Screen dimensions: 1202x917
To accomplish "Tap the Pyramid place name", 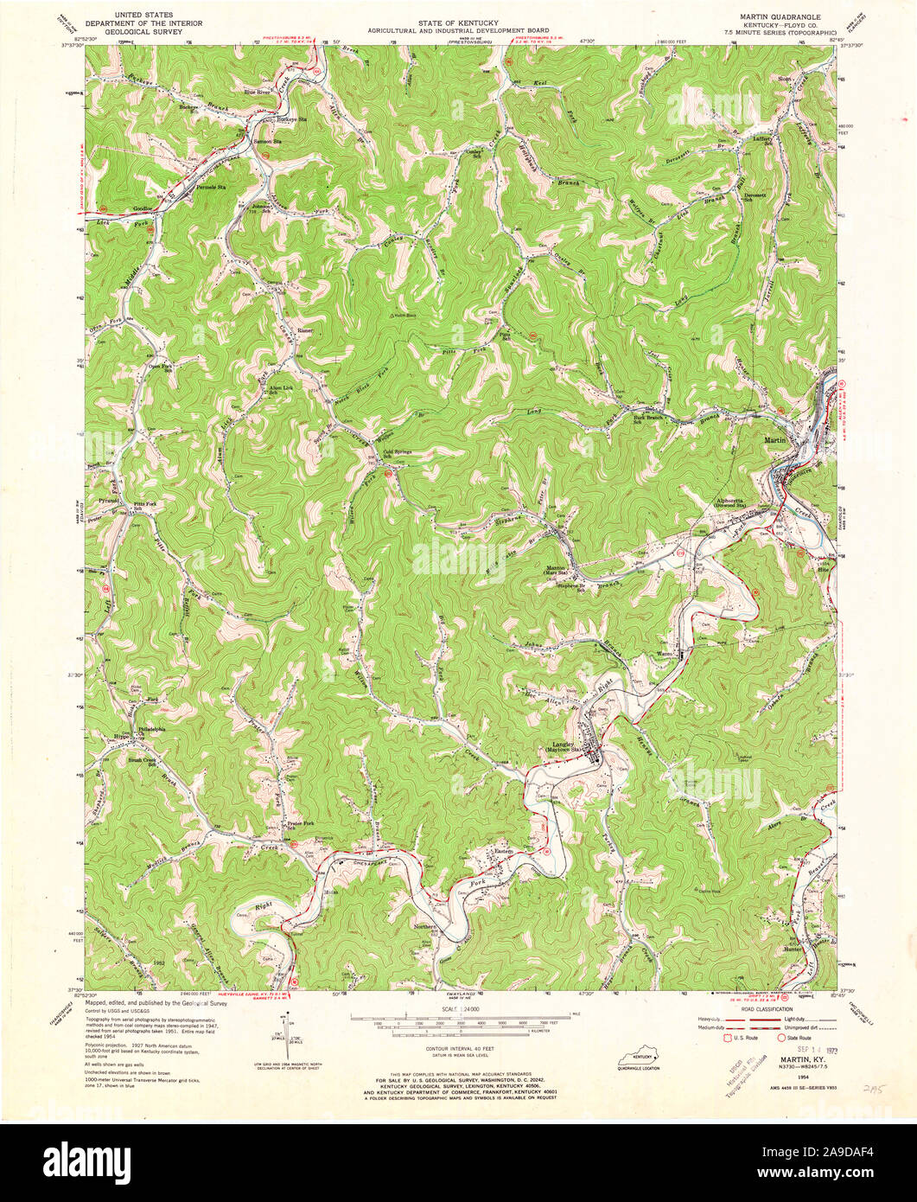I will pyautogui.click(x=108, y=501).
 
